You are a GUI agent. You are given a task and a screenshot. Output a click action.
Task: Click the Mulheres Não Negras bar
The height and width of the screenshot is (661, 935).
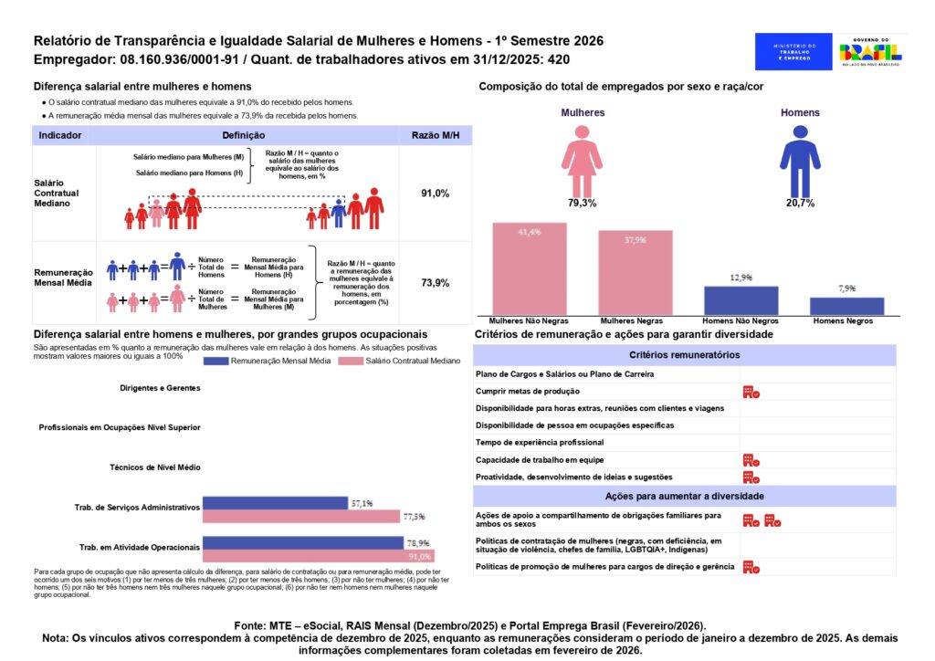(530, 269)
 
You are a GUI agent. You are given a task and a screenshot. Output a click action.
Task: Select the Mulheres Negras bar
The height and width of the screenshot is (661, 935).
(636, 273)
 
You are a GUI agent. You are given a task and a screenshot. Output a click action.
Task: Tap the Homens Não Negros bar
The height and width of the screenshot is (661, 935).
(741, 301)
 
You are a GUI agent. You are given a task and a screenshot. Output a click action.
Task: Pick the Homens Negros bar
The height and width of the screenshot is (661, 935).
(846, 306)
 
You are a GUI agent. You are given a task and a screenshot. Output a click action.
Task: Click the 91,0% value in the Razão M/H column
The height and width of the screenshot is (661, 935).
(435, 194)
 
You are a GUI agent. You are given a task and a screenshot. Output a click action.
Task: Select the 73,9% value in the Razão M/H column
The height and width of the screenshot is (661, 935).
(435, 283)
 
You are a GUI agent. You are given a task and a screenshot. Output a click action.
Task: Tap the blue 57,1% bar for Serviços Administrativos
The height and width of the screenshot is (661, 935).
(275, 503)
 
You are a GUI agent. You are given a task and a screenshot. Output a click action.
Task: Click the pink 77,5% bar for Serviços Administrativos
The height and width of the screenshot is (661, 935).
(302, 516)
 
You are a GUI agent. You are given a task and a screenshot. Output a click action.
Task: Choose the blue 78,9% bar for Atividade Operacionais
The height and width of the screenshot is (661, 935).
(302, 542)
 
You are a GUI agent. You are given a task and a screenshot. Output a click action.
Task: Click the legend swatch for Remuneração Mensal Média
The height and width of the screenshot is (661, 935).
(228, 362)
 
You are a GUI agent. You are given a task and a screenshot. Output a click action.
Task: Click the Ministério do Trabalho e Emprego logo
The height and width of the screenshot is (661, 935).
(793, 52)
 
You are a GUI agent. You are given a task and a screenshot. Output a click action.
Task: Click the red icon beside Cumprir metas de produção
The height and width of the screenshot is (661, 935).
(751, 392)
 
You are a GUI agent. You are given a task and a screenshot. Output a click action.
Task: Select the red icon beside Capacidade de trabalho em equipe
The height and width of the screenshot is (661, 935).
(751, 460)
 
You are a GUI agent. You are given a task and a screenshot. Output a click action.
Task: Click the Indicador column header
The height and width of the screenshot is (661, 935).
(60, 135)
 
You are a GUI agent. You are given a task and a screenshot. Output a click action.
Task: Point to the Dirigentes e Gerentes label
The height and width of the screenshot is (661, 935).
(160, 388)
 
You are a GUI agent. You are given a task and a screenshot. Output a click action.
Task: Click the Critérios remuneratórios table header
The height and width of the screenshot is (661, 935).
(684, 354)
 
